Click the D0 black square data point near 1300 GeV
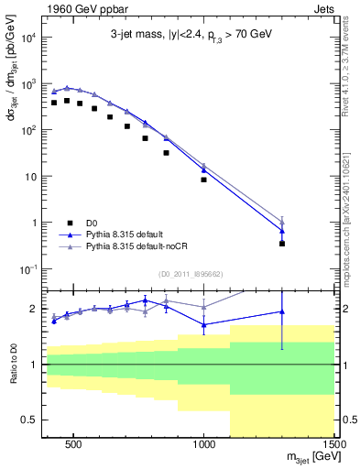(x=282, y=244)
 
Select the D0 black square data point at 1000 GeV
(x=203, y=180)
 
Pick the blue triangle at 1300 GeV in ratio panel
(x=282, y=311)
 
